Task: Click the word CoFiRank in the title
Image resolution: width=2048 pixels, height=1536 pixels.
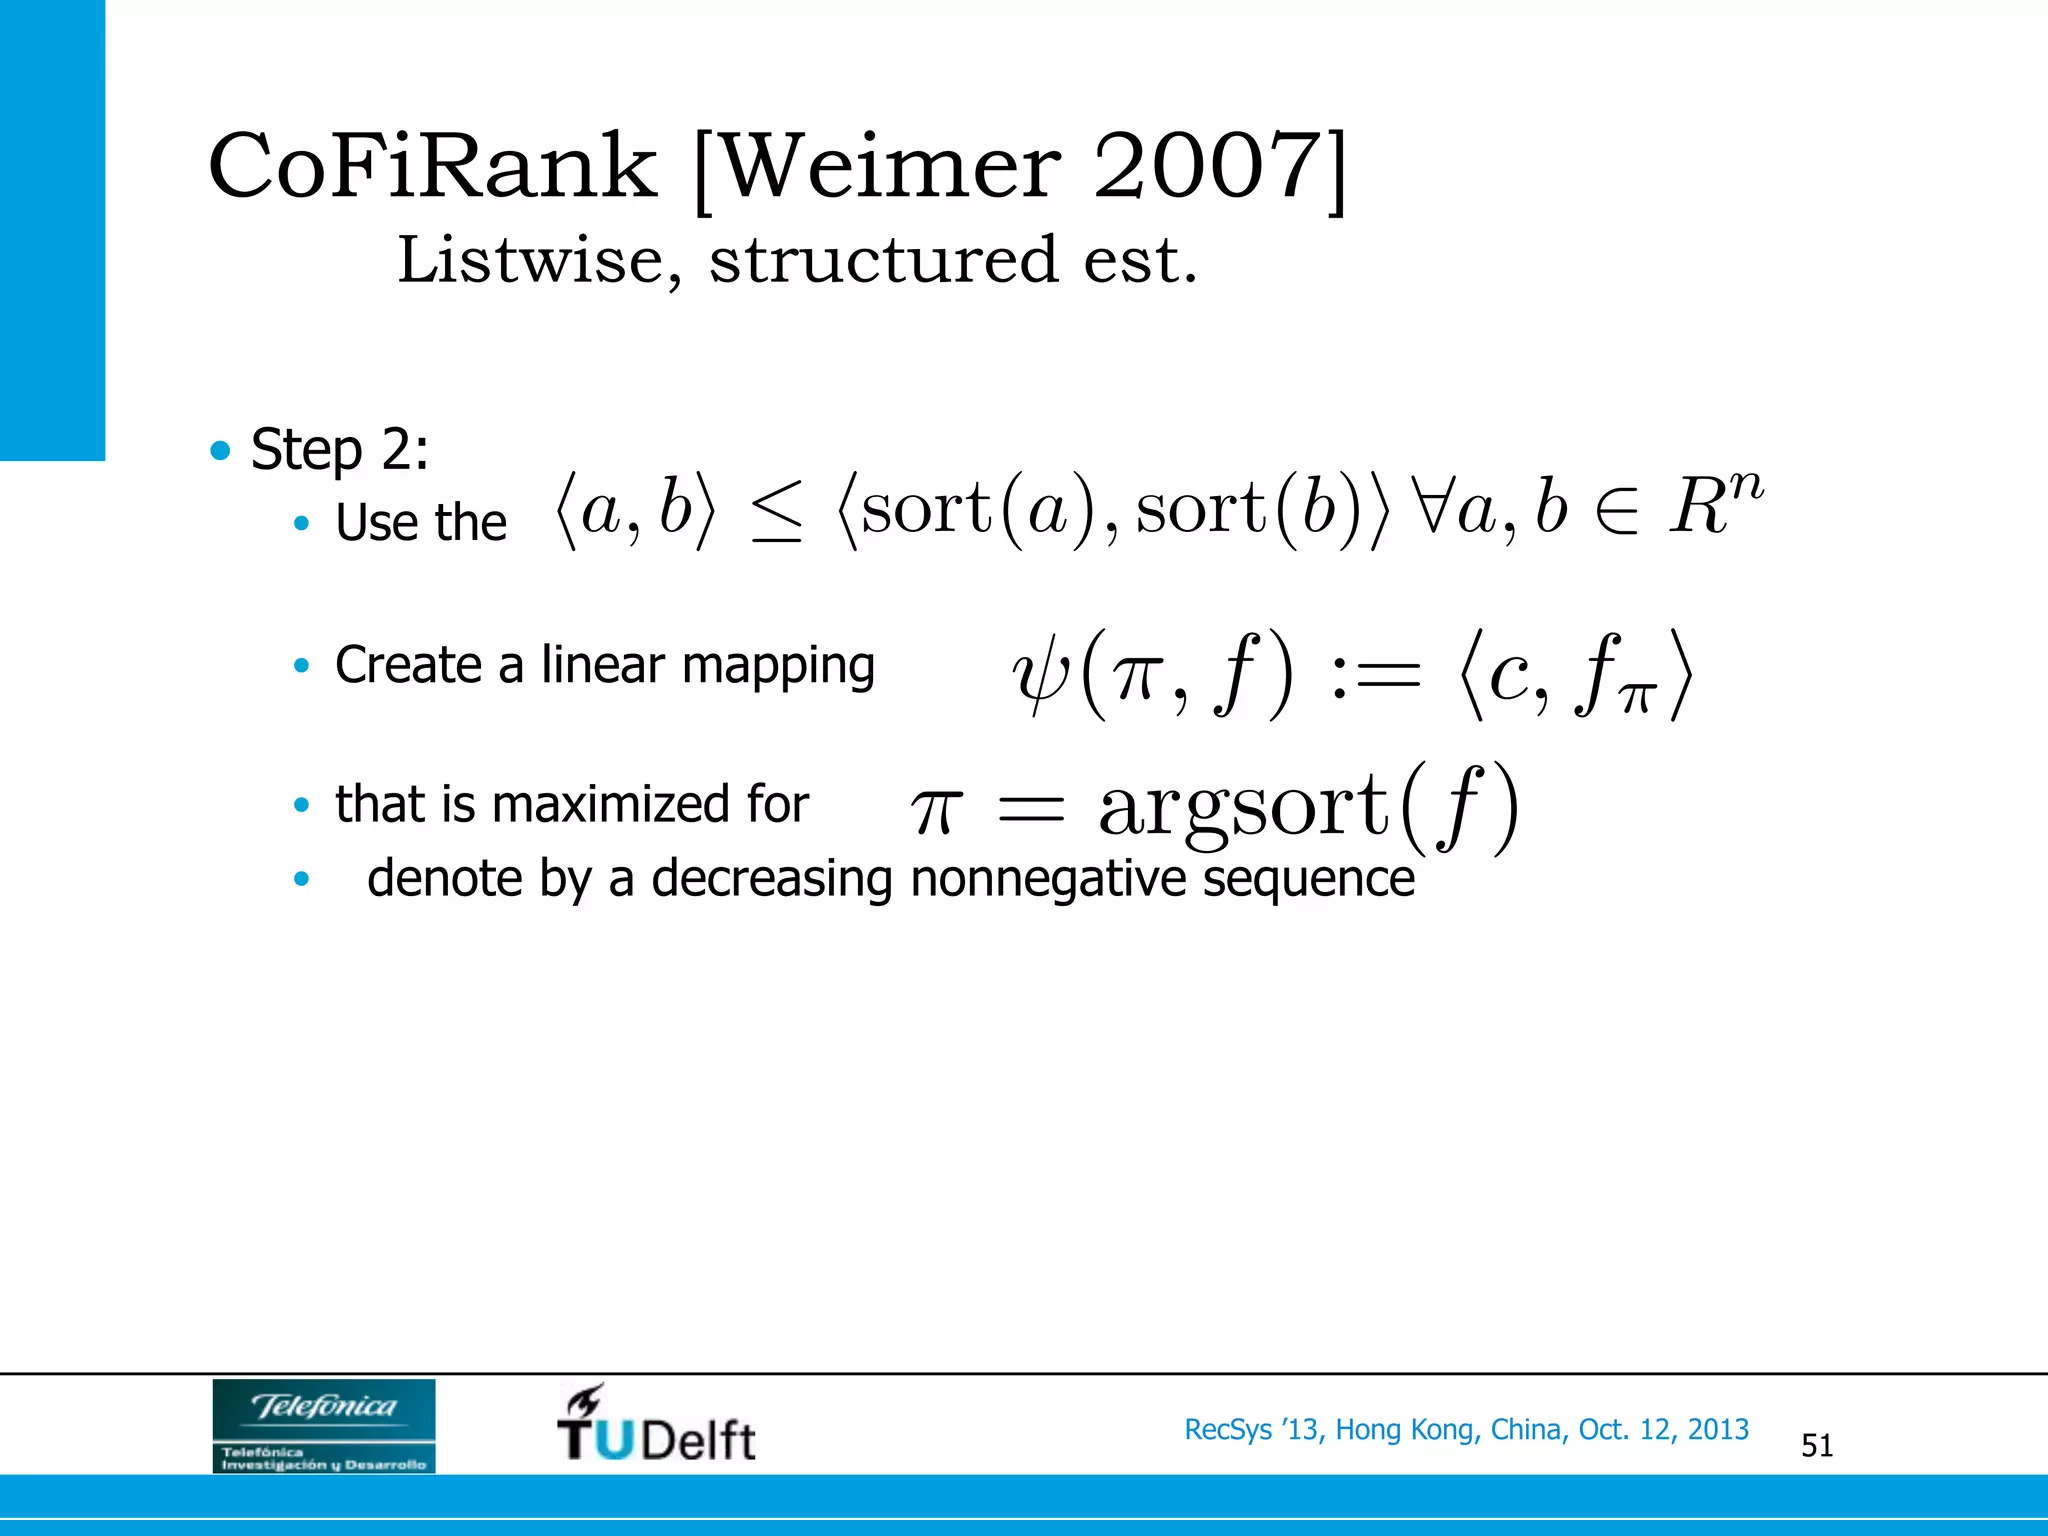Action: pyautogui.click(x=432, y=166)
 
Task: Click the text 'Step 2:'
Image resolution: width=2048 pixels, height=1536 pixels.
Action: pyautogui.click(x=339, y=449)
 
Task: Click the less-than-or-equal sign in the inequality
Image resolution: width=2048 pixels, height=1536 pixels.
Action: pyautogui.click(x=777, y=511)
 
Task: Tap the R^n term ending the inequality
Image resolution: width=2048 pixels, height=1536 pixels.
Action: pyautogui.click(x=1714, y=504)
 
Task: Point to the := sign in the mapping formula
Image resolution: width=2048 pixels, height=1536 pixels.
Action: pyautogui.click(x=1375, y=675)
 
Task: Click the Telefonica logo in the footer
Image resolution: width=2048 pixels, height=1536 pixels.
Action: pyautogui.click(x=324, y=1425)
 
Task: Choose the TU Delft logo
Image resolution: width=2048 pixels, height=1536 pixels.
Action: pyautogui.click(x=656, y=1425)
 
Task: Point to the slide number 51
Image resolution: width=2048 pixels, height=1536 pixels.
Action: pyautogui.click(x=1816, y=1446)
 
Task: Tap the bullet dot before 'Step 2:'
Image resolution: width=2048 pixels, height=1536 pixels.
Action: pyautogui.click(x=220, y=450)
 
